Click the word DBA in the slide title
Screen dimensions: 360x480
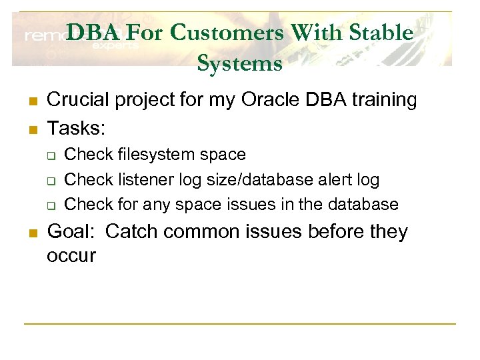pyautogui.click(x=93, y=32)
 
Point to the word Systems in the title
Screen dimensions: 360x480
pyautogui.click(x=239, y=63)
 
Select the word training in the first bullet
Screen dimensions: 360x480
pyautogui.click(x=387, y=100)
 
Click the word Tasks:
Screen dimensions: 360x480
pyautogui.click(x=76, y=127)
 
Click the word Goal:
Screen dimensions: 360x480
pyautogui.click(x=73, y=232)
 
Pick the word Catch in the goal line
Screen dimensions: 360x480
pyautogui.click(x=131, y=232)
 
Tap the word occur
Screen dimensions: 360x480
pyautogui.click(x=71, y=255)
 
